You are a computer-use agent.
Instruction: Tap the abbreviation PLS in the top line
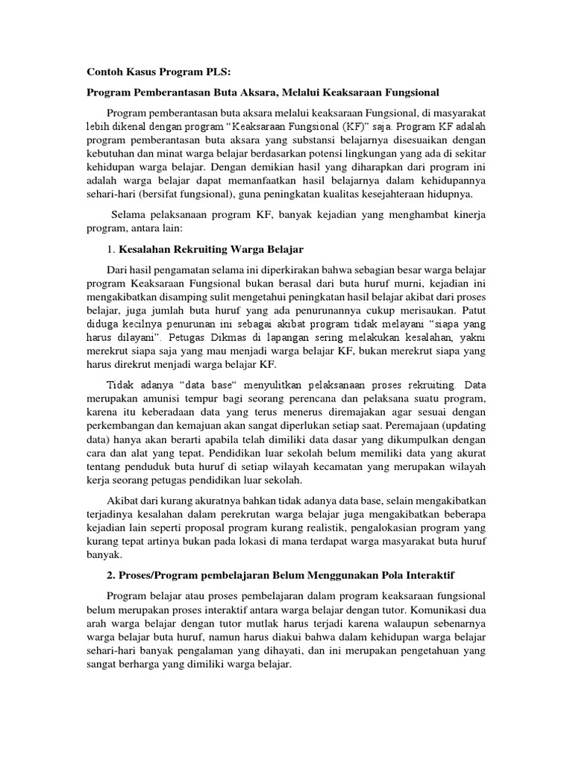point(216,72)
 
